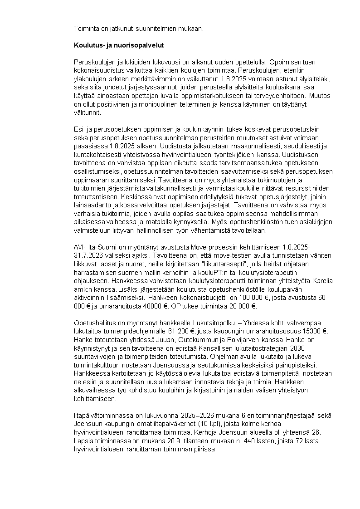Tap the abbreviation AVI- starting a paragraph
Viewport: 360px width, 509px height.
click(x=80, y=247)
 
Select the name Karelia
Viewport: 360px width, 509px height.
click(x=321, y=280)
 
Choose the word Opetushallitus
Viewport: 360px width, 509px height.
click(x=95, y=323)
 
